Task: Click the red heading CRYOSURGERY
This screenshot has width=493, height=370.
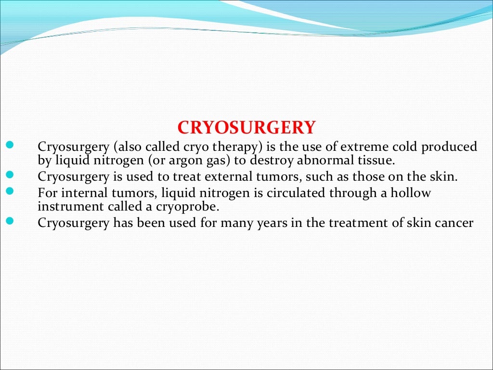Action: [246, 128]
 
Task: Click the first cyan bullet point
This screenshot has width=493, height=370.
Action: [11, 145]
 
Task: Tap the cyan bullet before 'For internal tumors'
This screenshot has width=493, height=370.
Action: [11, 191]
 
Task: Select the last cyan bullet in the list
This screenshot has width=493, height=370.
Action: [11, 222]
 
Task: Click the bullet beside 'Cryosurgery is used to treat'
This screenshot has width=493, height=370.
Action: [11, 175]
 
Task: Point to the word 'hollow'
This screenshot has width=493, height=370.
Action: [412, 193]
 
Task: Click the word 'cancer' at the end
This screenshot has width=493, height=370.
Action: [457, 223]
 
